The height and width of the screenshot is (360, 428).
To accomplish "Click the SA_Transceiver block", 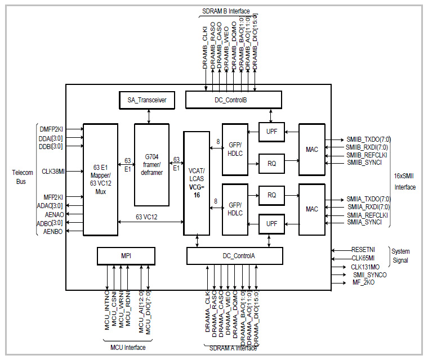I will point(147,100).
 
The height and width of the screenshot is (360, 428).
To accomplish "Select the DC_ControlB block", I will point(233,100).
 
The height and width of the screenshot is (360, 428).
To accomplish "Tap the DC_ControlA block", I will point(234,256).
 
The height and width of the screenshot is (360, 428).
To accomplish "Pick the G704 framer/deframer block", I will point(151,164).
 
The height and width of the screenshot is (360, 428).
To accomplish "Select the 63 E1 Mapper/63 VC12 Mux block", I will point(100,178).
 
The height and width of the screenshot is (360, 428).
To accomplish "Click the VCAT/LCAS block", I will point(197,183).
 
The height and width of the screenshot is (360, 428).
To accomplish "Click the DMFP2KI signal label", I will point(52,129).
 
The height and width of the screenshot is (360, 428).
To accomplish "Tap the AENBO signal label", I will point(55,231).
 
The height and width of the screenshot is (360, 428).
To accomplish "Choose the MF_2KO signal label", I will point(364,282).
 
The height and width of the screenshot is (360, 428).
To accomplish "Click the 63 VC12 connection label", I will point(146,217).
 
